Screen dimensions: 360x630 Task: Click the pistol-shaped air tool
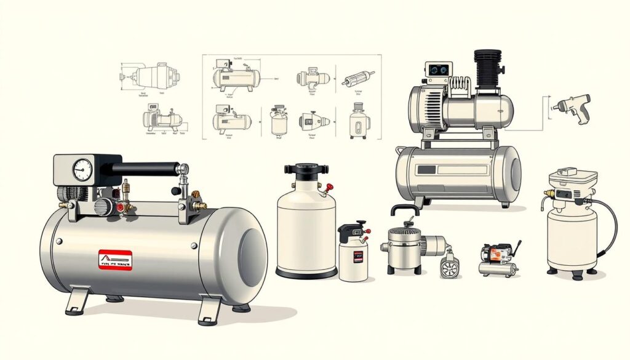572,108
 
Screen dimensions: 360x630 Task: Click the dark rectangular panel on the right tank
452,169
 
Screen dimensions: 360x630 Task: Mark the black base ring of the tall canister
306,273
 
